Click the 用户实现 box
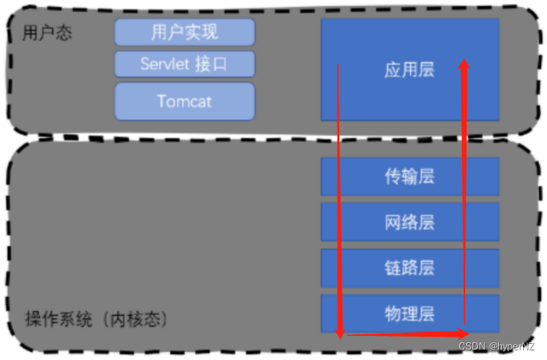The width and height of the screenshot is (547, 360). click(184, 33)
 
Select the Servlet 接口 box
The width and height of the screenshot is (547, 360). click(184, 64)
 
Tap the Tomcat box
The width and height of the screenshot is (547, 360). click(184, 101)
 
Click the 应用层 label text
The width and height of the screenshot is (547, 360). click(409, 70)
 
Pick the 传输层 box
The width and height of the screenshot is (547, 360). click(409, 176)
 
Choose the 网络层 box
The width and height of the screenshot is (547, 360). click(409, 222)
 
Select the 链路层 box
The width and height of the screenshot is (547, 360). click(409, 268)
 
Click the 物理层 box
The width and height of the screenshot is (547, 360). click(409, 313)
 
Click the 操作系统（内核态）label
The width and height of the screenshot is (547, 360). click(95, 319)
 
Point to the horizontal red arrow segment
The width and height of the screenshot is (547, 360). click(401, 333)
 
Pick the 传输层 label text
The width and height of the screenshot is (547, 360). click(409, 176)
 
